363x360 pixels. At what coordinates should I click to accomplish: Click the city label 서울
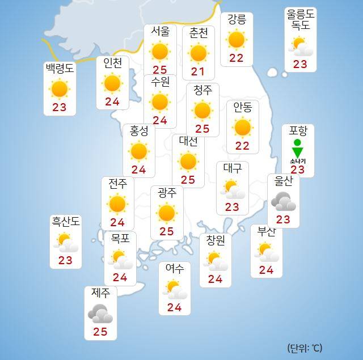pyautogui.click(x=160, y=32)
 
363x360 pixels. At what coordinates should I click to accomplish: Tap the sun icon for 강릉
pyautogui.click(x=236, y=40)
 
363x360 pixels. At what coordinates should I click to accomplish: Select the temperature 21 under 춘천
pyautogui.click(x=198, y=71)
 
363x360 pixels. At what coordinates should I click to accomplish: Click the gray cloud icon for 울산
pyautogui.click(x=282, y=201)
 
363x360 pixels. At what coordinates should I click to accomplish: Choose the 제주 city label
pyautogui.click(x=100, y=293)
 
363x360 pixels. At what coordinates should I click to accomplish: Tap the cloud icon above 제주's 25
pyautogui.click(x=100, y=313)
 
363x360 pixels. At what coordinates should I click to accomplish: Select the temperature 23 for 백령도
pyautogui.click(x=59, y=107)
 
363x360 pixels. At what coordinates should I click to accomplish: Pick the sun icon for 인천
pyautogui.click(x=112, y=84)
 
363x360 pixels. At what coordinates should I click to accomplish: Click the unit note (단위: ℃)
pyautogui.click(x=305, y=348)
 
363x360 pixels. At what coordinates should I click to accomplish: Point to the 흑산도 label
pyautogui.click(x=66, y=222)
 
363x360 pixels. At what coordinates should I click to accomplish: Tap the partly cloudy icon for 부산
pyautogui.click(x=267, y=251)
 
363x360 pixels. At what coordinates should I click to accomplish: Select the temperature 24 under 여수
pyautogui.click(x=174, y=308)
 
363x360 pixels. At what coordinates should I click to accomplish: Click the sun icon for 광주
pyautogui.click(x=166, y=213)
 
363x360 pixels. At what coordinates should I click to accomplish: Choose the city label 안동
pyautogui.click(x=242, y=107)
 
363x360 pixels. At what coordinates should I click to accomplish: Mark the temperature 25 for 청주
pyautogui.click(x=202, y=129)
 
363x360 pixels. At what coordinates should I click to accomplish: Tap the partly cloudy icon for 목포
pyautogui.click(x=121, y=260)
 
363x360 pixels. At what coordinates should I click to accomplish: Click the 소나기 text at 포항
pyautogui.click(x=297, y=161)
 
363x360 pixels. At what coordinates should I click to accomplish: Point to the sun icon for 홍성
pyautogui.click(x=138, y=151)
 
